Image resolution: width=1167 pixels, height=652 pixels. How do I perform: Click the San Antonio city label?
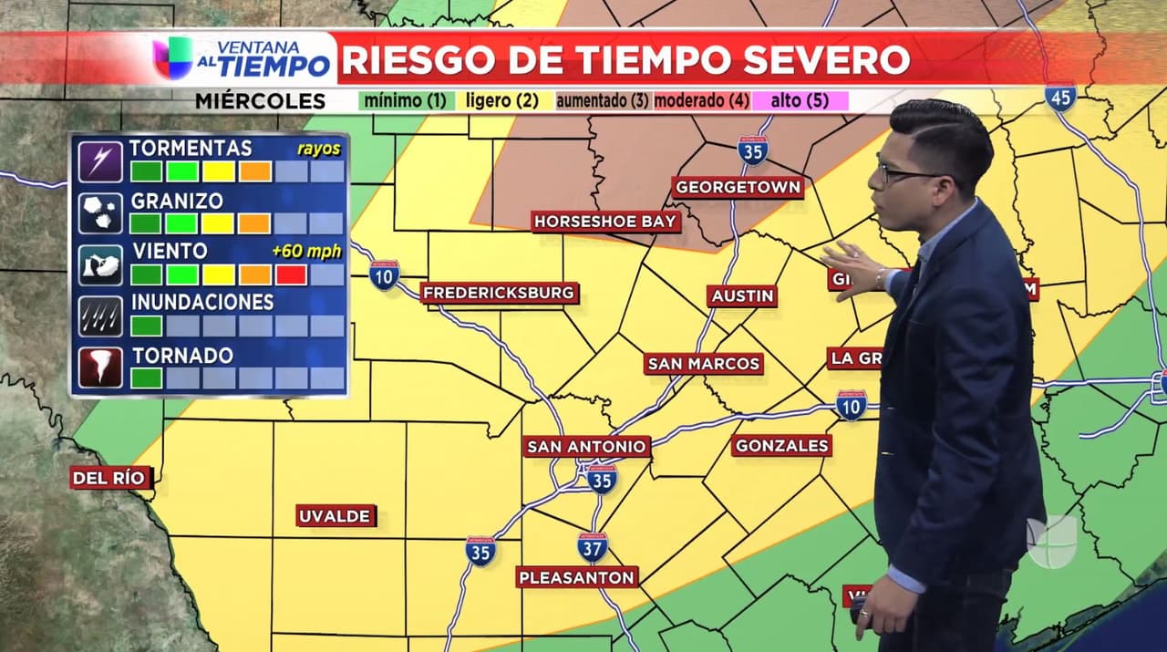[x=587, y=447]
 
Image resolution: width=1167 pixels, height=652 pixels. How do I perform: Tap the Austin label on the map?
[x=742, y=296]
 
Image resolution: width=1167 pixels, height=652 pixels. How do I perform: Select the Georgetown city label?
[x=738, y=188]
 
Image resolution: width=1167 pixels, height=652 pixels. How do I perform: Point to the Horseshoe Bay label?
[x=605, y=222]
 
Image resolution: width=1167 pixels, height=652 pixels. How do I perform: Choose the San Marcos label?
[x=703, y=364]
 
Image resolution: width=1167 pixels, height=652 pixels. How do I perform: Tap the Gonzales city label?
[x=781, y=446]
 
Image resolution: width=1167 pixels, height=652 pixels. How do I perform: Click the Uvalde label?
[x=336, y=516]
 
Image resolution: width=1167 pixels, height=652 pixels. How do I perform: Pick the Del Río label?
[x=110, y=478]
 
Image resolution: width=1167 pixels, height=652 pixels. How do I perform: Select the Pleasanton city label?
[x=576, y=577]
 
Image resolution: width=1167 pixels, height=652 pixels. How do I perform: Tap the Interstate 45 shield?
[x=1060, y=98]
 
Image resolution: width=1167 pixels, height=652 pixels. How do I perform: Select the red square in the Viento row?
[x=291, y=274]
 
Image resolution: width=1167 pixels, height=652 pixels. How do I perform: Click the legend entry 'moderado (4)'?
[x=701, y=101]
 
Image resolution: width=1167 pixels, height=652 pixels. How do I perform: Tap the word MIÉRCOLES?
[x=260, y=102]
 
